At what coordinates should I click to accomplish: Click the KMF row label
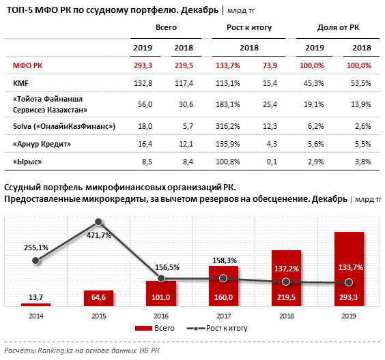20,83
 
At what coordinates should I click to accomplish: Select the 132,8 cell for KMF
143,83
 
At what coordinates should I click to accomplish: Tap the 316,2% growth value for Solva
227,126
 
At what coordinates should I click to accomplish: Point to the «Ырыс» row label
27,162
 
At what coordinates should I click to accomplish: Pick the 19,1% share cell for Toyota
314,105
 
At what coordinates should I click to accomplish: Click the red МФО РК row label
27,65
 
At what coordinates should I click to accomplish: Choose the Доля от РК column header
338,27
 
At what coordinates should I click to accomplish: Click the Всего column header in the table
166,27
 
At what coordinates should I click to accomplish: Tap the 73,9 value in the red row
270,65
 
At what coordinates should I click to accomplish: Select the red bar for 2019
349,269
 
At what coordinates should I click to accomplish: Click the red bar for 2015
99,298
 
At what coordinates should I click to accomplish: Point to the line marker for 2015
98,222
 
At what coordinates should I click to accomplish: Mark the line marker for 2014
36,260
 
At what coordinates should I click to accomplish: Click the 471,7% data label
99,235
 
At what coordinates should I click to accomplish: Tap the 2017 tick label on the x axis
224,316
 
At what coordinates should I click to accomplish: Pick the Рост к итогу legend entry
217,328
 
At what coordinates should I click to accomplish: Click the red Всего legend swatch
143,329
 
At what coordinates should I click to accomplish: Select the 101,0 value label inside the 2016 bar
161,297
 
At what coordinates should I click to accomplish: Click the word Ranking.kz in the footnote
55,350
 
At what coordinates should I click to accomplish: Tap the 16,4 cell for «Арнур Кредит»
145,144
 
